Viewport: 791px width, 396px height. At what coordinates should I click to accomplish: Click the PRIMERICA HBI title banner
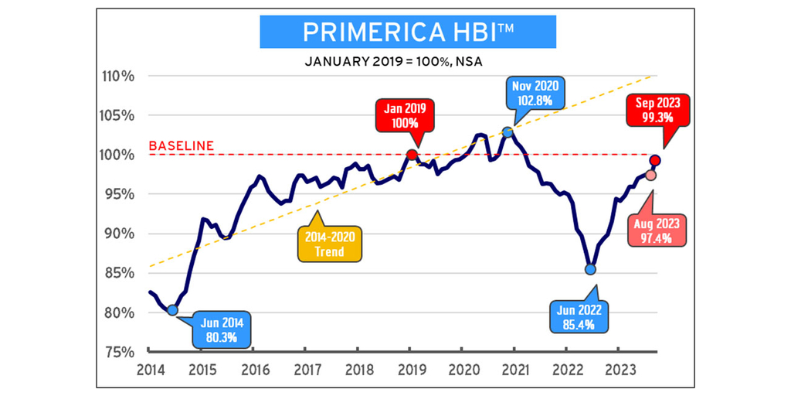point(395,32)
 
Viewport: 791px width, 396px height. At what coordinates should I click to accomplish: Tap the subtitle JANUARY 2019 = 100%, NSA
point(395,61)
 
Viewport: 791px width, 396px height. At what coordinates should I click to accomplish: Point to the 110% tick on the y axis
point(119,77)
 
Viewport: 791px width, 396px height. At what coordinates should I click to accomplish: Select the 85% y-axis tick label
point(121,273)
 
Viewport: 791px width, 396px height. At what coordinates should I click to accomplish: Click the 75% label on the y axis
point(121,351)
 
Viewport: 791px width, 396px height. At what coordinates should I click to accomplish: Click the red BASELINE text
point(181,145)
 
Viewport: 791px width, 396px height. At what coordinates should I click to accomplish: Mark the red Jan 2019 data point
point(412,155)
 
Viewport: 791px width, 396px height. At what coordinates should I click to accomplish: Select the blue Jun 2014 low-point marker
point(172,310)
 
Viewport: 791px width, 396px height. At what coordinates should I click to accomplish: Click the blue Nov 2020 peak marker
point(508,132)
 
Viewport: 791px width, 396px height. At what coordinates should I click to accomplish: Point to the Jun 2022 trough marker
point(590,269)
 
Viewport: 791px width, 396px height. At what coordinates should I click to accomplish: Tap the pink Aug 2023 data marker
point(650,175)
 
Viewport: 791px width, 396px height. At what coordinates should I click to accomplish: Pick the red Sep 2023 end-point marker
point(655,160)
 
